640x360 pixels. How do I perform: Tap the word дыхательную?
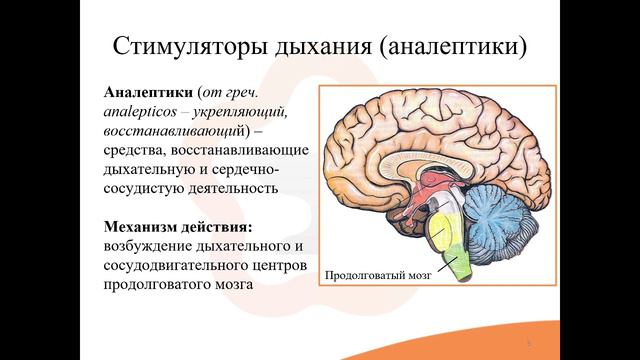[155, 168]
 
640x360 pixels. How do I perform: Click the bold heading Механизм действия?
[187, 226]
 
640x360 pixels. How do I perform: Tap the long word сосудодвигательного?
[185, 265]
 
